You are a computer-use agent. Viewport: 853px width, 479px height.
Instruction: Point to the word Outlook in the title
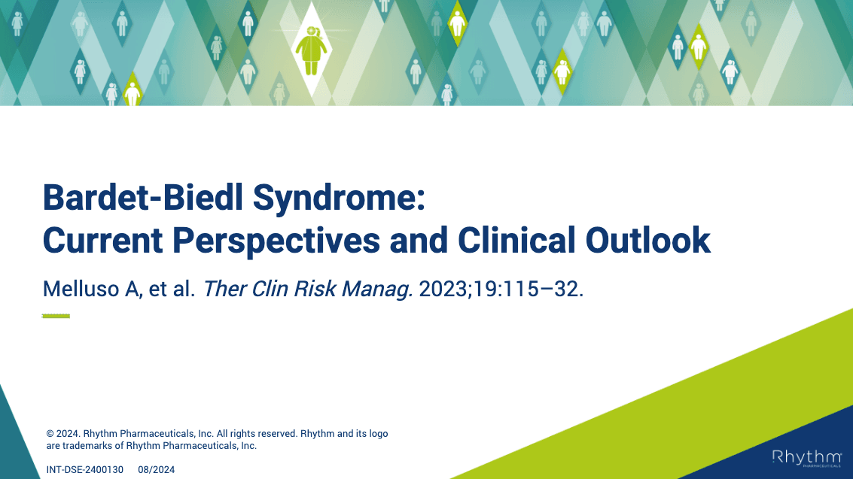648,240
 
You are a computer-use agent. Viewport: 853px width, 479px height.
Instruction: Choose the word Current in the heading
103,241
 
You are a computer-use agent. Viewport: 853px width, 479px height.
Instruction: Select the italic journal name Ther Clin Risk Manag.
308,290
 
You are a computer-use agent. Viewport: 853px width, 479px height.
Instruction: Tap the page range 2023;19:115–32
501,289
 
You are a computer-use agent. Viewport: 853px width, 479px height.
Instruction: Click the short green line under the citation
56,316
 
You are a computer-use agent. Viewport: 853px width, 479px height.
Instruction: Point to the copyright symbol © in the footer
50,434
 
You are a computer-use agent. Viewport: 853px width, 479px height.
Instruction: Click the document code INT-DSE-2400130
85,470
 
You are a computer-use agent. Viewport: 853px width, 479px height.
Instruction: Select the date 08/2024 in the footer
156,470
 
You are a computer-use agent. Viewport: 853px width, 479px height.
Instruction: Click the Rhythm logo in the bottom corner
806,459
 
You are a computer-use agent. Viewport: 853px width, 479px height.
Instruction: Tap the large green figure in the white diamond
311,50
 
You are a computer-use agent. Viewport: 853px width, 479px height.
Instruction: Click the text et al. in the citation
172,289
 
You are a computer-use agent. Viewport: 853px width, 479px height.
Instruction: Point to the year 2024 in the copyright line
68,434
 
